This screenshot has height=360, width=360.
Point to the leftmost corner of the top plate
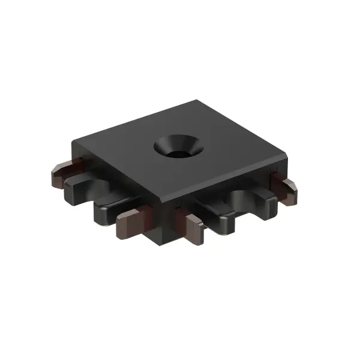coord(73,143)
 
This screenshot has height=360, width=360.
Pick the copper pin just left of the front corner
coord(133,221)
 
